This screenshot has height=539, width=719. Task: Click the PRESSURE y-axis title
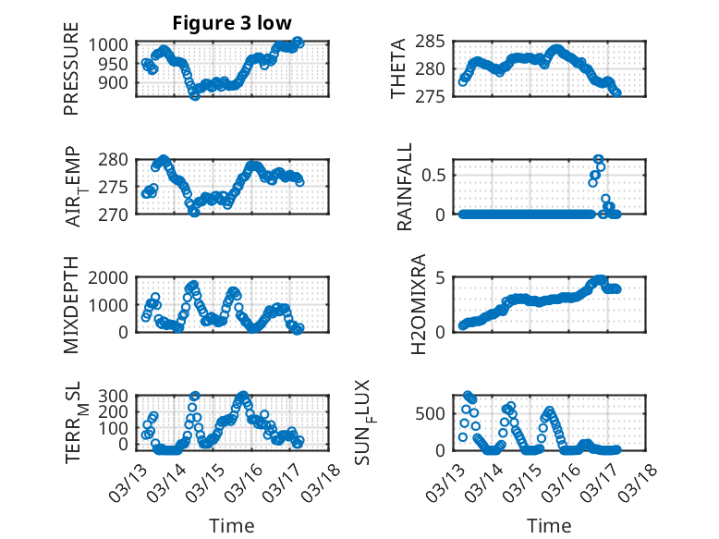(71, 76)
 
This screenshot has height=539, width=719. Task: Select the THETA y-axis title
(397, 68)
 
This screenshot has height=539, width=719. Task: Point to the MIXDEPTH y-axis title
(71, 304)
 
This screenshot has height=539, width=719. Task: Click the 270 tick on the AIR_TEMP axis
(118, 214)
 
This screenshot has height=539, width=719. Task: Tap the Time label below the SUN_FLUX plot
(549, 526)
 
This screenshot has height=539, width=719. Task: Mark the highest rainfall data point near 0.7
(598, 159)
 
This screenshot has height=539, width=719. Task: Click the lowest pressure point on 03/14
(194, 95)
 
